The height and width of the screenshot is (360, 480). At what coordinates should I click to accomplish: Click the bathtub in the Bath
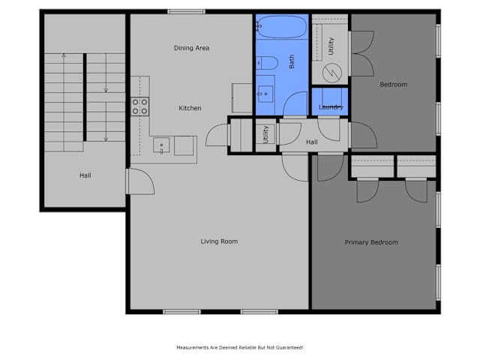[x=282, y=27]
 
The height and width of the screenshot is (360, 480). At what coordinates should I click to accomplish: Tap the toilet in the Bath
[x=267, y=63]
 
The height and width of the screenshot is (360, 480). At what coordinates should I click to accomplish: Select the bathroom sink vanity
[x=265, y=94]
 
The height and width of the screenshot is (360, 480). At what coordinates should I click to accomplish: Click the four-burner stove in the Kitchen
[x=140, y=106]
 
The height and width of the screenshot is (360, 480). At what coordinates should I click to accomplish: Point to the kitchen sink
[x=161, y=145]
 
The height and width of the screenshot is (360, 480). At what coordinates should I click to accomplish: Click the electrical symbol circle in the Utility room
[x=332, y=73]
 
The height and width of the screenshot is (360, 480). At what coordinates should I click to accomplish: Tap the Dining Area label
[x=192, y=48]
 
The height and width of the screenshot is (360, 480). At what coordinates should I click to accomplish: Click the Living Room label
[x=219, y=241]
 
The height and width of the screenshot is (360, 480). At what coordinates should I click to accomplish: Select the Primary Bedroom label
[x=371, y=242]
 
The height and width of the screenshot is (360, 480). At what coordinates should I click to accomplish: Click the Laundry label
[x=331, y=107]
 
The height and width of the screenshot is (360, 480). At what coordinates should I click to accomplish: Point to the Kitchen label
[x=190, y=108]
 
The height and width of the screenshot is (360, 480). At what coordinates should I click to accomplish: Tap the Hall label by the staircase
[x=85, y=175]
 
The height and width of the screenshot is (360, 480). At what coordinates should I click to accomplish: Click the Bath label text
[x=292, y=61]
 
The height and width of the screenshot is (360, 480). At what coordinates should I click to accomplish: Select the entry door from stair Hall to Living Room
[x=140, y=181]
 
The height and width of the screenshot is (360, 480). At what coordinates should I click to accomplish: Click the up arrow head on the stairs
[x=64, y=55]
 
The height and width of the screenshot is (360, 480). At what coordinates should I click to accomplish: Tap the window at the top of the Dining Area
[x=186, y=12]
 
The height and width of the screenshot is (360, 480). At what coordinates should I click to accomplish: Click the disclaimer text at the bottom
[x=240, y=347]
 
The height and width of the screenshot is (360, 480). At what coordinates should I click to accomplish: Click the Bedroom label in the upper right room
[x=393, y=85]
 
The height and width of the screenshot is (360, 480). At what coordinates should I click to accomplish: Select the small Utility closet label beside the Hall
[x=265, y=134]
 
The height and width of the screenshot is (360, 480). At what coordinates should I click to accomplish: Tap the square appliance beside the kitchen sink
[x=184, y=145]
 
